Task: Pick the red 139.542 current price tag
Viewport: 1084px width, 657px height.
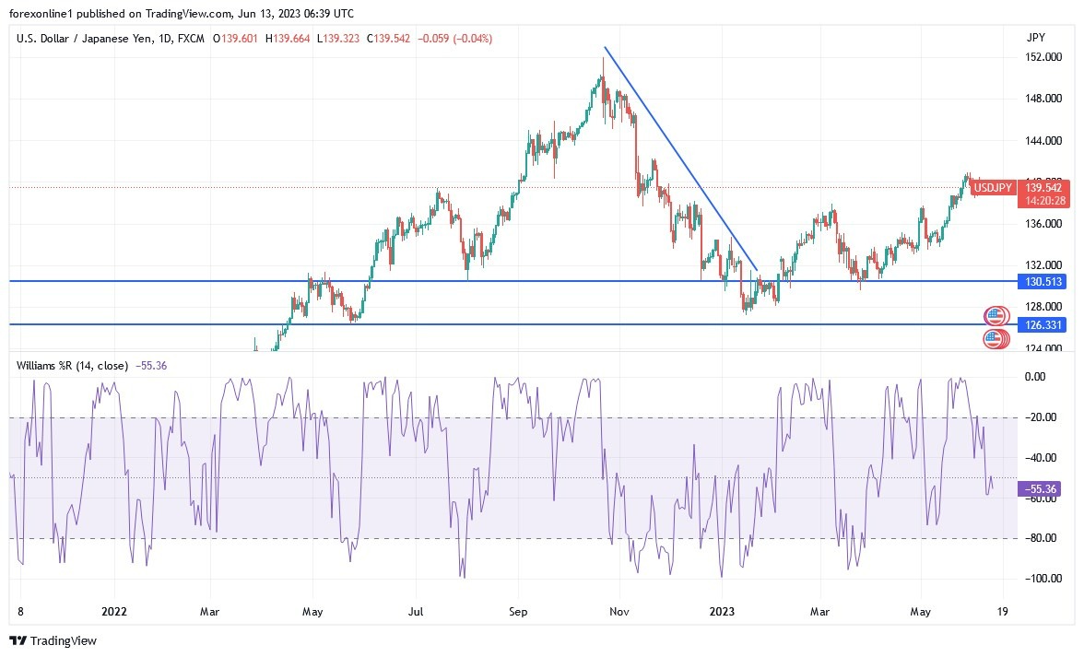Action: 1043,187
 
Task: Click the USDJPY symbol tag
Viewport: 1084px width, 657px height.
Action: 993,187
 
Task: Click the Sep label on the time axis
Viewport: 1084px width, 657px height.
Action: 517,610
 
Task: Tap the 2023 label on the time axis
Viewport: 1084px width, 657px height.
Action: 721,610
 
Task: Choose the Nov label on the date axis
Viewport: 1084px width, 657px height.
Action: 619,610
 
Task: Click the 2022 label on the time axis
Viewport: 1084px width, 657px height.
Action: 114,610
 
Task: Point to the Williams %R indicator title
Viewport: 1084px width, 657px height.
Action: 72,366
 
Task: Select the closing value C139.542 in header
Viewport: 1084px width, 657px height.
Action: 387,39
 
